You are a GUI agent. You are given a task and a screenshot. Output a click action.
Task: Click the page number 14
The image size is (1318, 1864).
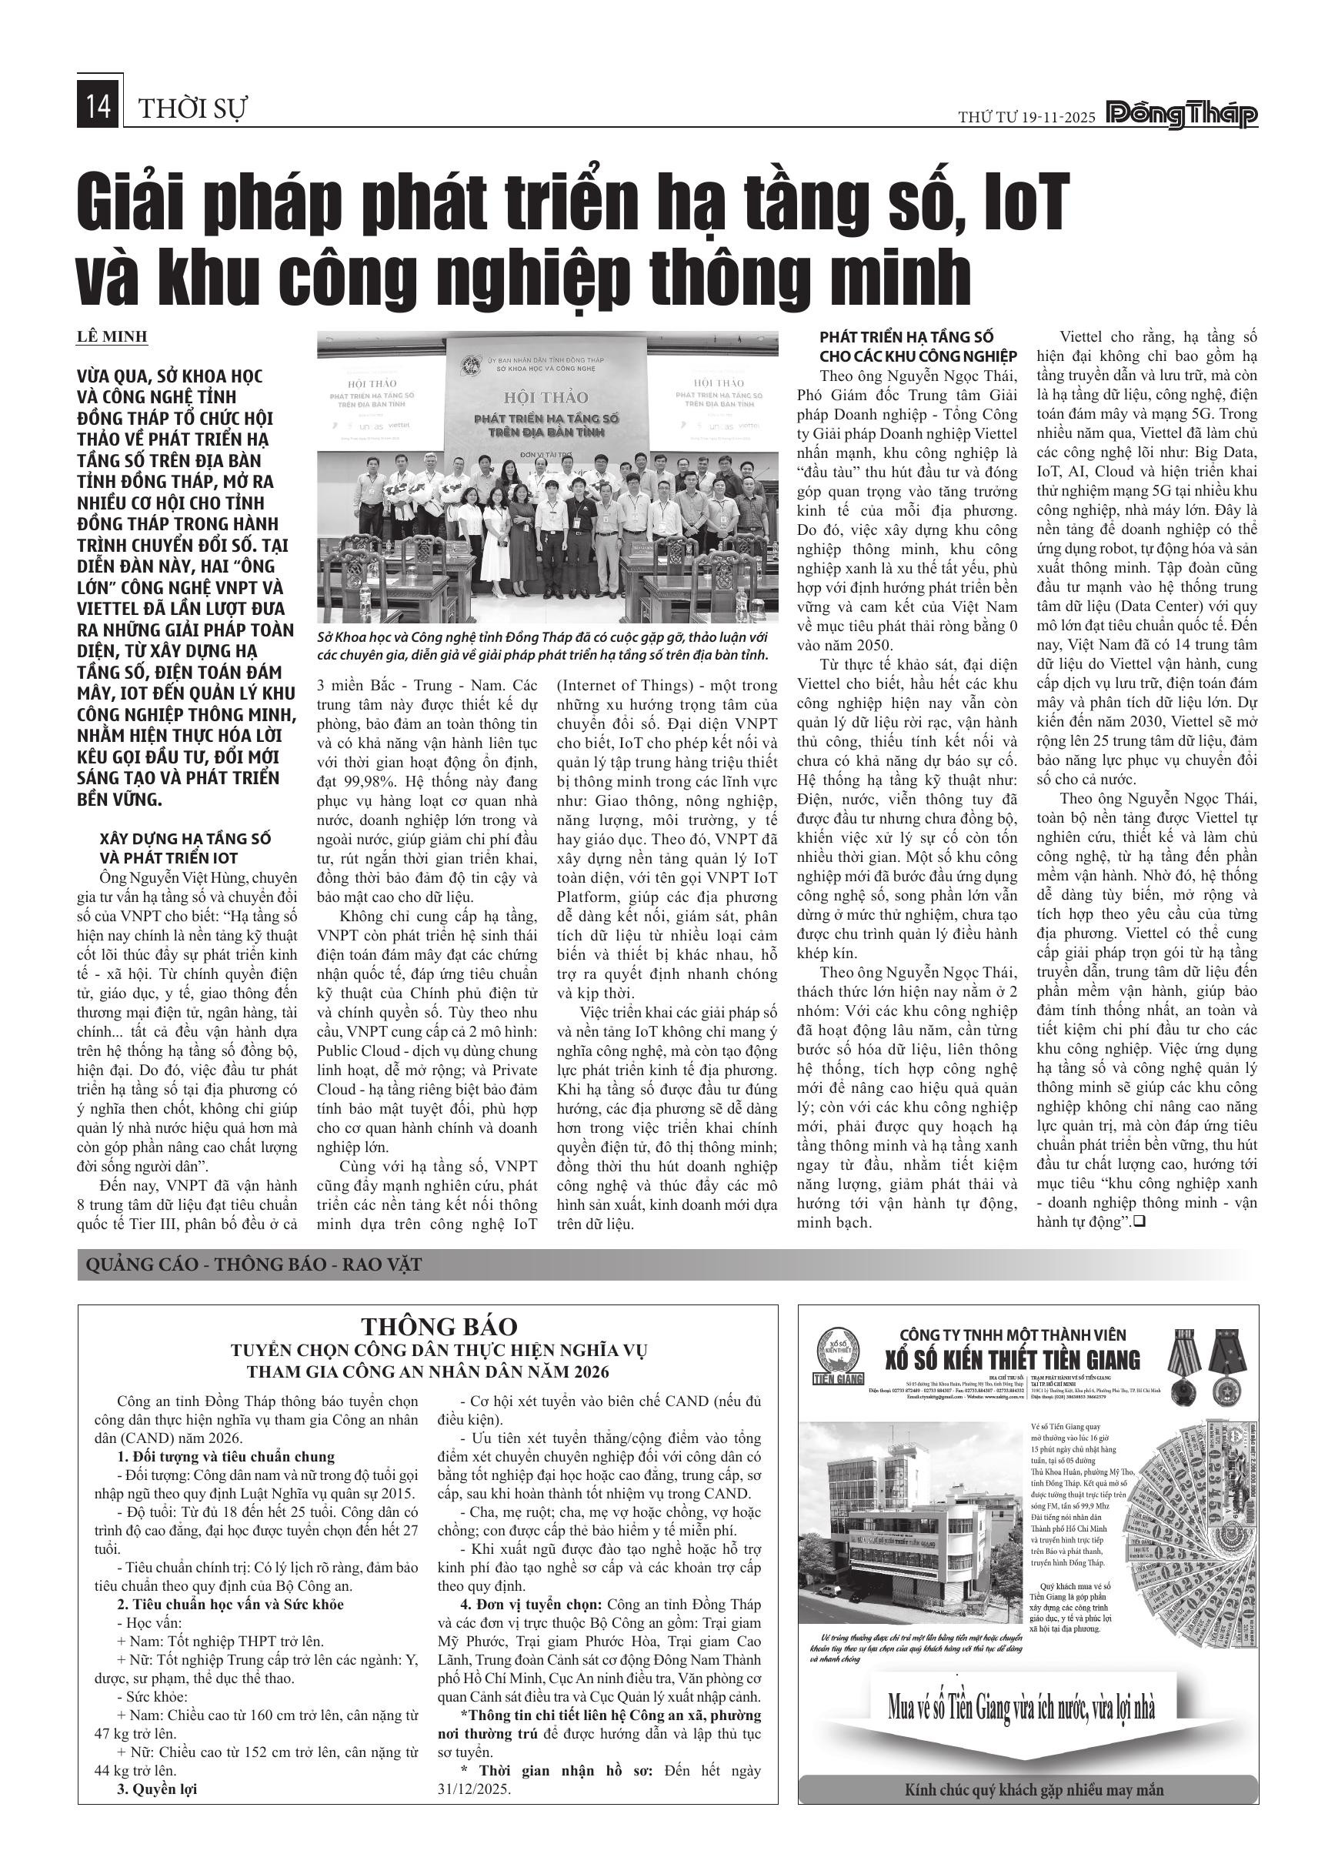click(x=98, y=108)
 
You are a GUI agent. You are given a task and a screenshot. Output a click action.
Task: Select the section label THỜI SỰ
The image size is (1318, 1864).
click(x=193, y=109)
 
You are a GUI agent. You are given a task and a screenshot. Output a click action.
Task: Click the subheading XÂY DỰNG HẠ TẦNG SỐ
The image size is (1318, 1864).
click(x=185, y=839)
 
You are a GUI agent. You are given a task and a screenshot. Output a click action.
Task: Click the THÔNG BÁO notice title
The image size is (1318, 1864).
click(x=439, y=1326)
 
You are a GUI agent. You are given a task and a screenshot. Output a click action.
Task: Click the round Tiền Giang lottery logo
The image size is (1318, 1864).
click(x=839, y=1351)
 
